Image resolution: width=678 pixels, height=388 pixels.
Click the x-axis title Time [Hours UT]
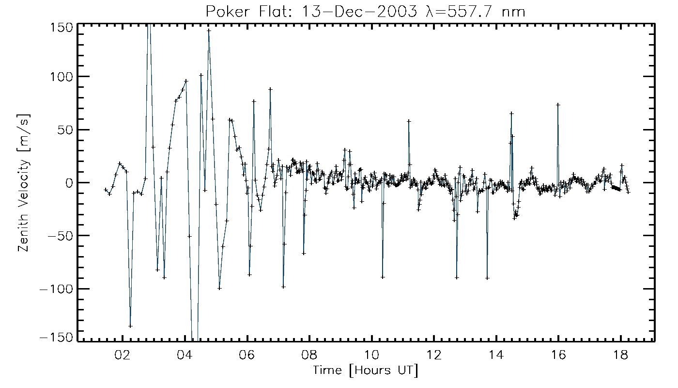coord(365,371)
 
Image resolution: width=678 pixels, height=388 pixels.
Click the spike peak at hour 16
coord(558,104)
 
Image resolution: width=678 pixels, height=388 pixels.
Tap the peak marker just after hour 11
coord(409,121)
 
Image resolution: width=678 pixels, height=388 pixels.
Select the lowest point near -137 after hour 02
coord(130,326)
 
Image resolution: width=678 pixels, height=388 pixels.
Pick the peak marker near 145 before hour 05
coord(209,31)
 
